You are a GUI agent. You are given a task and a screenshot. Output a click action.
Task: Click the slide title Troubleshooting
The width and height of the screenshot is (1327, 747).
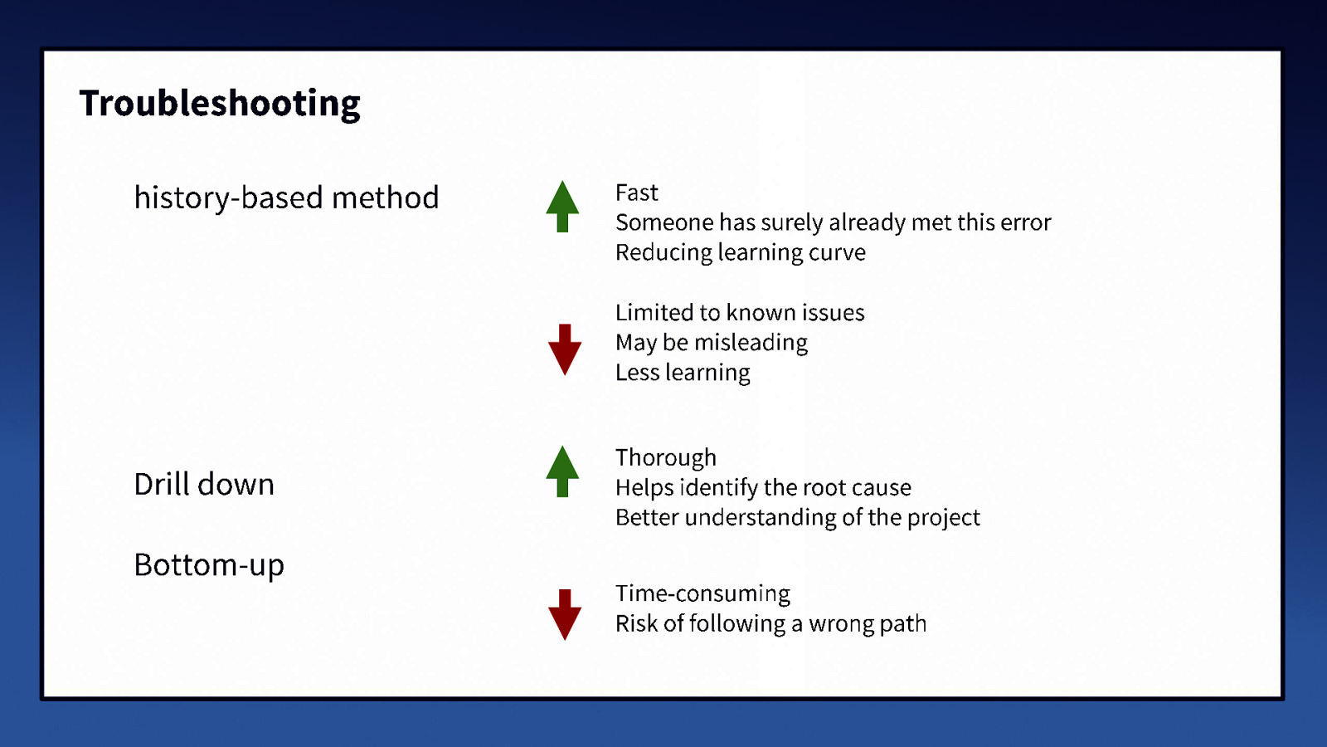point(220,104)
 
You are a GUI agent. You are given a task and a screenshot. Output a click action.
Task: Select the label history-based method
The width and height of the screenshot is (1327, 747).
point(286,198)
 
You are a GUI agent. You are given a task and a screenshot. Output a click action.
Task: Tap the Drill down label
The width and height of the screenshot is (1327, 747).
point(204,484)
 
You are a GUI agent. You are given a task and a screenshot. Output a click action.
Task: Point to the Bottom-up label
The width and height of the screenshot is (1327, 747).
point(209,565)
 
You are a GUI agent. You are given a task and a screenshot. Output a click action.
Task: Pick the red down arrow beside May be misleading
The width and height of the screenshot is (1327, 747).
point(565,349)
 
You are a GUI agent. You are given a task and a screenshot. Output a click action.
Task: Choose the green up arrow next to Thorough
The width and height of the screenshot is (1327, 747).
point(562,471)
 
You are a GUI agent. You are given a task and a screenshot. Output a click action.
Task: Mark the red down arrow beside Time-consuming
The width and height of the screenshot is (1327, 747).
point(565,614)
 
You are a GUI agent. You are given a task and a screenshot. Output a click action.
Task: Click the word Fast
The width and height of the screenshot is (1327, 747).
point(636,193)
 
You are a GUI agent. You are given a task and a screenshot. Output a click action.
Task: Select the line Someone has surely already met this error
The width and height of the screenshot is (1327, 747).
point(833,222)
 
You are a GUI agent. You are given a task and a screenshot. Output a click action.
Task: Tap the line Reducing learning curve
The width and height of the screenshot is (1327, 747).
point(740,252)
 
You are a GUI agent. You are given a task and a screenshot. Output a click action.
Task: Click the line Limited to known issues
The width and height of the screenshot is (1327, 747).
point(740,313)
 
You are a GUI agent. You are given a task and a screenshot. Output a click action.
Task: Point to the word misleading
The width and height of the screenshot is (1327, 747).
point(751,343)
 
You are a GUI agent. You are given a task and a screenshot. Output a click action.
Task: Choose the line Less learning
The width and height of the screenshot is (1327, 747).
point(683,373)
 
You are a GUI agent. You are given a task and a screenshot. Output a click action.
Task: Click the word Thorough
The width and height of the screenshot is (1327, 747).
point(665,458)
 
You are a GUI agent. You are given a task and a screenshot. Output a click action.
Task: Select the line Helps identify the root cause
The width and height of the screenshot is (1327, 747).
point(763,488)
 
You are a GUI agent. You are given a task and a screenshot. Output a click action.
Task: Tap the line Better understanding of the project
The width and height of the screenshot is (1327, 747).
point(797,518)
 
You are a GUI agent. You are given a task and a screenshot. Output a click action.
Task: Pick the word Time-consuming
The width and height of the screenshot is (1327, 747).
point(702,594)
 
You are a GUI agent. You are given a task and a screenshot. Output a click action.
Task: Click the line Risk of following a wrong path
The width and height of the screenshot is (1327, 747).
point(770,624)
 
